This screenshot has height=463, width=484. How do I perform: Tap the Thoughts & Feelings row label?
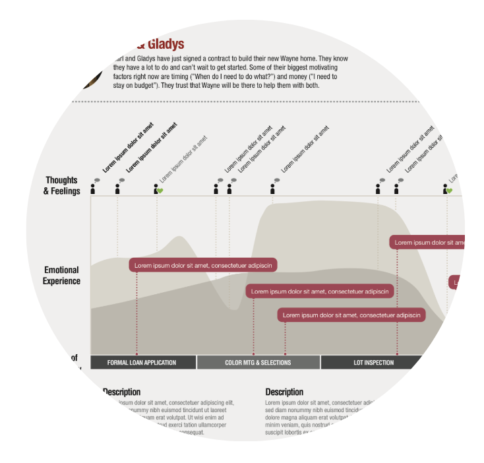pyautogui.click(x=61, y=185)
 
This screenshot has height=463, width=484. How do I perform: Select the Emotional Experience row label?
pyautogui.click(x=62, y=275)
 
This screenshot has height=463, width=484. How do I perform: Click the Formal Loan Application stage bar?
pyautogui.click(x=142, y=362)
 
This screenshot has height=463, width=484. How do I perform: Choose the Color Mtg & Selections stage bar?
pyautogui.click(x=258, y=362)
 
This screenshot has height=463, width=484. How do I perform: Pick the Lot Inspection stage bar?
pyautogui.click(x=373, y=362)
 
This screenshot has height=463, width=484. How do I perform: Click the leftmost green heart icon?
pyautogui.click(x=160, y=191)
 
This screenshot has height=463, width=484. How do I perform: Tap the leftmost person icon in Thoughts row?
pyautogui.click(x=93, y=189)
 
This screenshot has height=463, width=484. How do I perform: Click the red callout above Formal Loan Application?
pyautogui.click(x=203, y=265)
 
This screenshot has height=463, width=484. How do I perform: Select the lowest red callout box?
pyautogui.click(x=351, y=315)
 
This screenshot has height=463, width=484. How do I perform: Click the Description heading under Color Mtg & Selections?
pyautogui.click(x=284, y=392)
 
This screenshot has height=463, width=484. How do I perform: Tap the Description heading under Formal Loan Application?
pyautogui.click(x=122, y=392)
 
